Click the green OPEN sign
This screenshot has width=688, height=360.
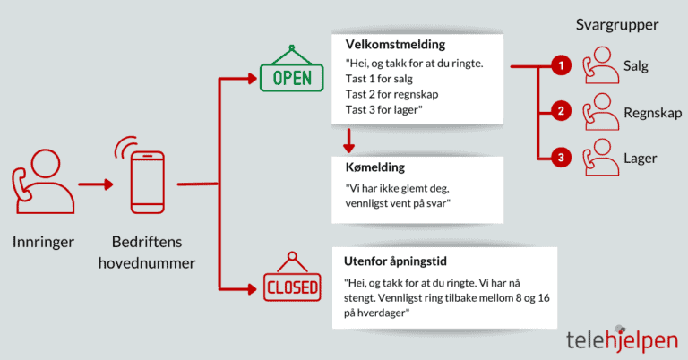point(286,75)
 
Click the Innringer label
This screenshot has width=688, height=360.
point(43,242)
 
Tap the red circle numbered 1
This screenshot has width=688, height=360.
point(560,65)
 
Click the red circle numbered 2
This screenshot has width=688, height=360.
point(560,112)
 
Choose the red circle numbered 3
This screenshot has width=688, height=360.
point(560,158)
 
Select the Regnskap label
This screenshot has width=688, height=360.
point(652,113)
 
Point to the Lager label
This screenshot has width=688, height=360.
point(640,159)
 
